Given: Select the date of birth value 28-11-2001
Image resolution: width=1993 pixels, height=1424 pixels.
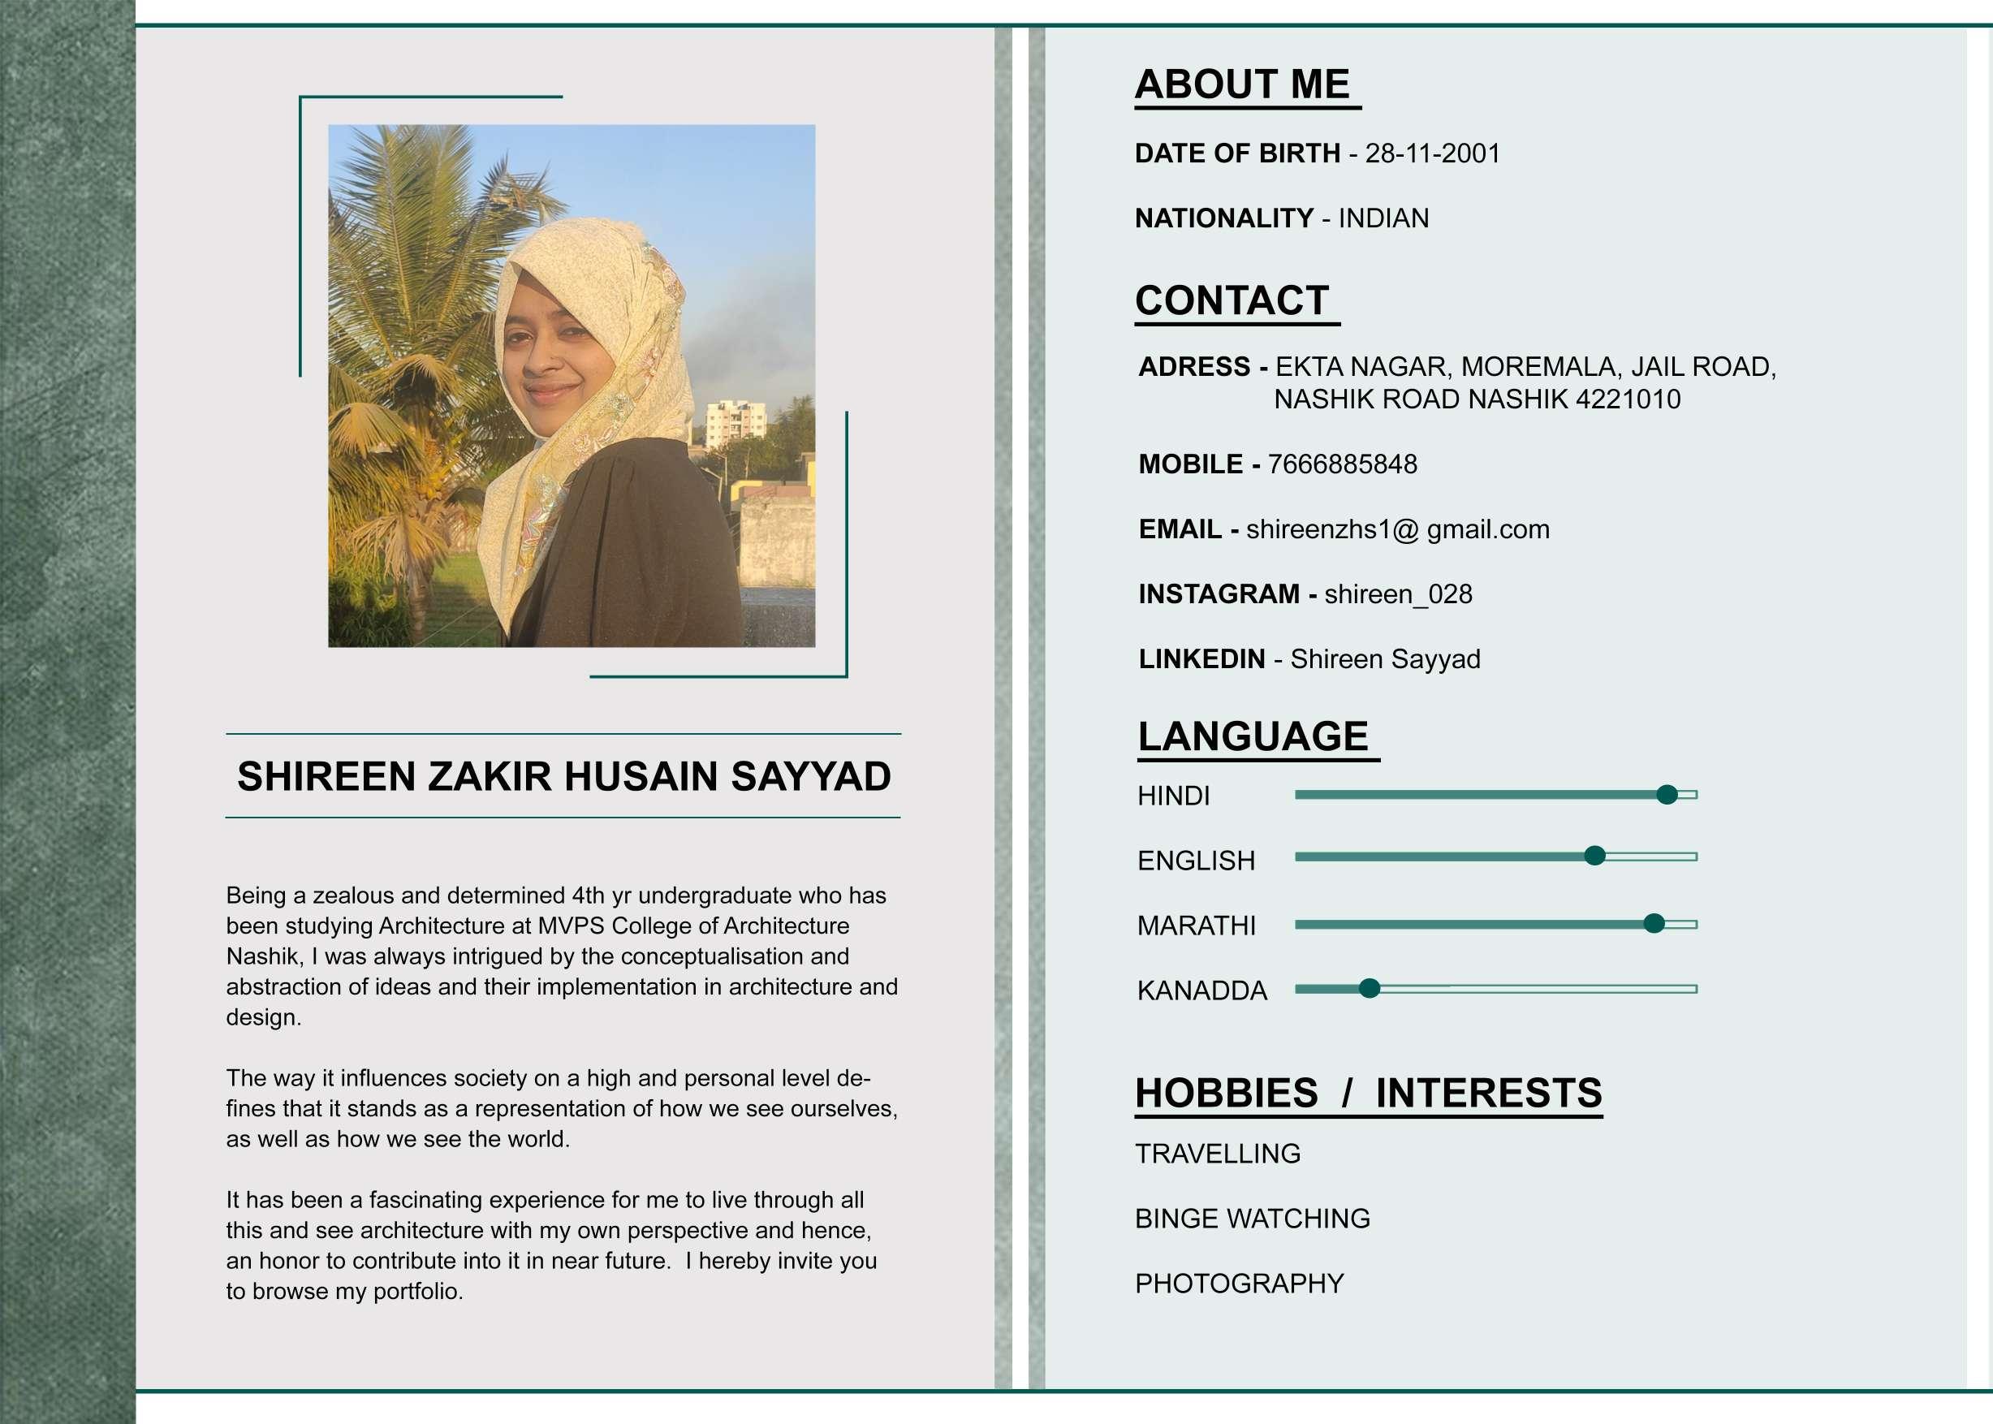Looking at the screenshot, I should [1432, 153].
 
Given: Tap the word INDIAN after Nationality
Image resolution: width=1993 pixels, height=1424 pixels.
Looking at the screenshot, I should [1383, 218].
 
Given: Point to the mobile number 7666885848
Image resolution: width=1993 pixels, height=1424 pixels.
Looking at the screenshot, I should [1342, 464].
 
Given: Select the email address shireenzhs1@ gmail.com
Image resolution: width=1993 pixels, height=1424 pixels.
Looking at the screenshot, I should [1397, 529].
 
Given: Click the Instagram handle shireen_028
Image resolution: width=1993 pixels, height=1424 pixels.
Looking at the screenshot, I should [1398, 594].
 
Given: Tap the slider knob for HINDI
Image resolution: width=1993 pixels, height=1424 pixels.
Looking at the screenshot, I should [1667, 795].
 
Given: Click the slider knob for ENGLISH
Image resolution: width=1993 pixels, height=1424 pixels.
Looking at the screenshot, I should [1595, 856].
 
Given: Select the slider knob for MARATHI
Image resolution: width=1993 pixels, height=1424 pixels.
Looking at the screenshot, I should [1654, 923].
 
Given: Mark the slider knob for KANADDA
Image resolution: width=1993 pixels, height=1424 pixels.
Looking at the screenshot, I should [1370, 989].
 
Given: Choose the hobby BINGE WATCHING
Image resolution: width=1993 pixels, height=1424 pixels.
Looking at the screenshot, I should [1252, 1219].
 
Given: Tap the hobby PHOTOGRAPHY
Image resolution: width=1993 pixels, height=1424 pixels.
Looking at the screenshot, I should [1239, 1284].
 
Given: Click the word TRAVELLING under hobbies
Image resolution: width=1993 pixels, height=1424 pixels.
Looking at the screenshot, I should [1217, 1154].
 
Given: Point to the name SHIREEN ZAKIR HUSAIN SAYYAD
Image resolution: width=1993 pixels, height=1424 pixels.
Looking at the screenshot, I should [563, 777].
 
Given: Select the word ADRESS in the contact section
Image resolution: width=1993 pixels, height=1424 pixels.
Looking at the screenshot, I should [1193, 366].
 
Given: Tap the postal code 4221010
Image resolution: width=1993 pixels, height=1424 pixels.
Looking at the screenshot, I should [1628, 400].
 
